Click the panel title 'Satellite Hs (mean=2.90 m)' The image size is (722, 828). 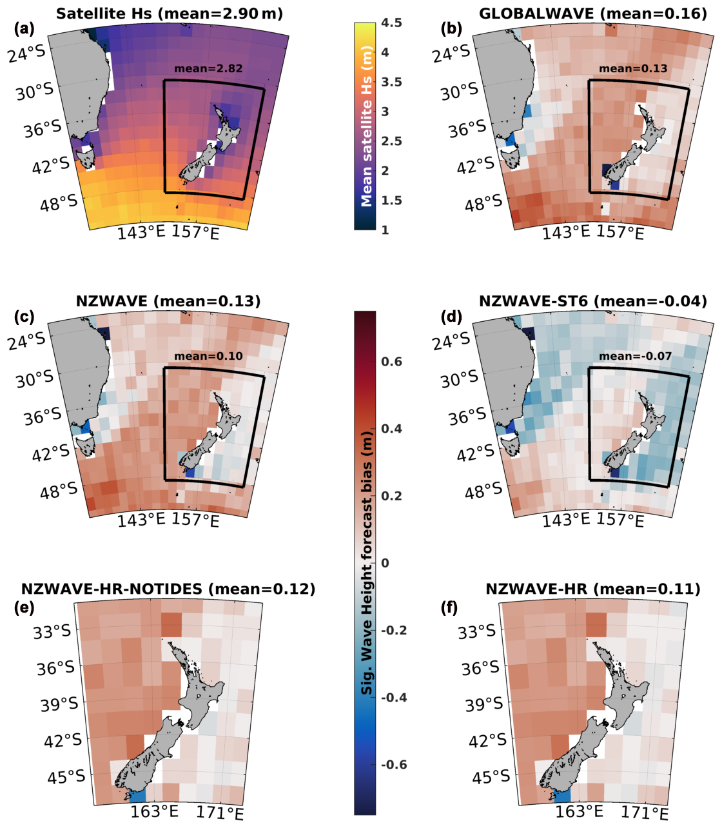[169, 13]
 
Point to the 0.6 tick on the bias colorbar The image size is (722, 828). [391, 362]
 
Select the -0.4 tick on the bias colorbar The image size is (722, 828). [394, 698]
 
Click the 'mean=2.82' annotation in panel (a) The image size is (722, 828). [208, 68]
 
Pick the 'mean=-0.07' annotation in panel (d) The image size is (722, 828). [635, 356]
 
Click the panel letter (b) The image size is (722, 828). [450, 28]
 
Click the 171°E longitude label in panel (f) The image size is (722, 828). [645, 813]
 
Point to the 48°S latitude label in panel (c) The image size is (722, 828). [59, 492]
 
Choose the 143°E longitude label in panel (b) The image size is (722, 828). [565, 232]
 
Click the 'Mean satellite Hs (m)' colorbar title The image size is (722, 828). [367, 126]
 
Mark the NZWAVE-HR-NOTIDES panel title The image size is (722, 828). [168, 589]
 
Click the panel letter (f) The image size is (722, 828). [449, 607]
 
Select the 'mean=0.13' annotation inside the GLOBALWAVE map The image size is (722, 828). [633, 68]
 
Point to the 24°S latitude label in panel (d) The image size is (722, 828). [452, 341]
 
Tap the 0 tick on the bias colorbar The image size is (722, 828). [385, 563]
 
